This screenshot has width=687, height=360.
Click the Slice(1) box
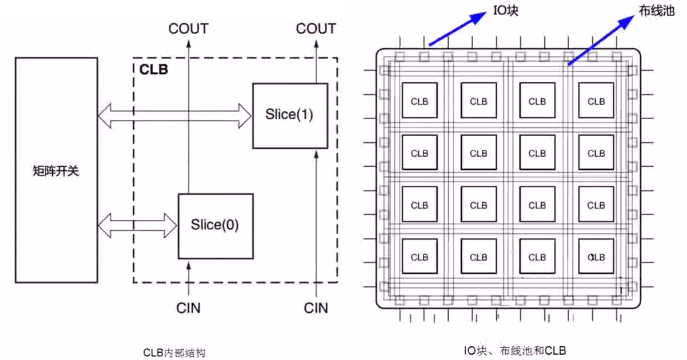click(x=290, y=115)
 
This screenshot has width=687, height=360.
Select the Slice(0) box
click(x=215, y=226)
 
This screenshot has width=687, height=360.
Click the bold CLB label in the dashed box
click(x=154, y=69)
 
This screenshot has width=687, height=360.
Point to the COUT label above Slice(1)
click(x=316, y=28)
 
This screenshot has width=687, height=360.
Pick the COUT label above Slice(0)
click(x=188, y=28)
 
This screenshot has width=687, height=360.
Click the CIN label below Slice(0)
click(x=188, y=308)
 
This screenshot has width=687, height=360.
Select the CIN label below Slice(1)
click(x=316, y=308)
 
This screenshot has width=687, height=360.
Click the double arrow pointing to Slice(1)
click(x=175, y=115)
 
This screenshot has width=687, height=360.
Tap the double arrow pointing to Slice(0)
click(x=137, y=226)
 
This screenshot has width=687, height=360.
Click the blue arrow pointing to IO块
click(x=456, y=29)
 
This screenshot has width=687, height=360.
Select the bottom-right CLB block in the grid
click(x=596, y=257)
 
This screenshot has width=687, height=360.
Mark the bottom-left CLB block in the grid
click(x=420, y=257)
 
